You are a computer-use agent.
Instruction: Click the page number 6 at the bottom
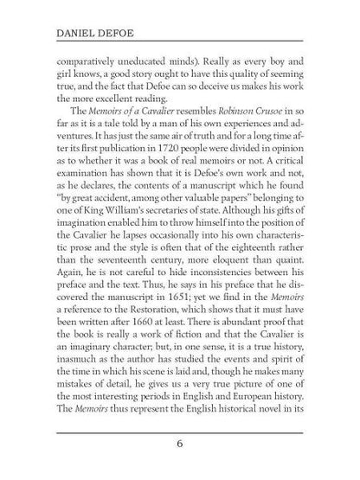tap(179, 445)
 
